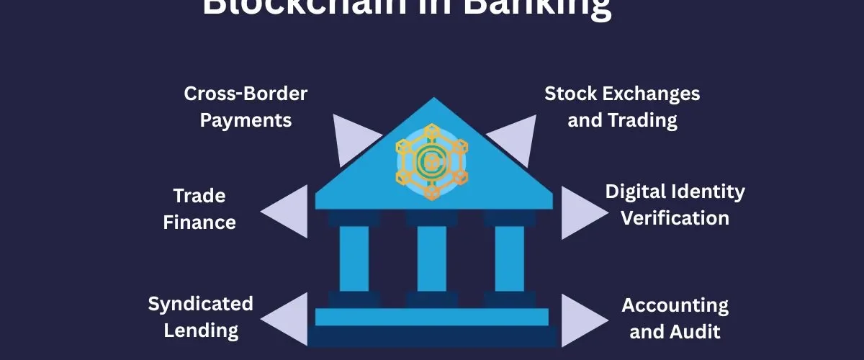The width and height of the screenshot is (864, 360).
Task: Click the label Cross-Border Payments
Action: point(246,107)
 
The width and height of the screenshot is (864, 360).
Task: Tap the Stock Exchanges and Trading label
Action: point(622,107)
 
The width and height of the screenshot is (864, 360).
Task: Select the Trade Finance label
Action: point(199,209)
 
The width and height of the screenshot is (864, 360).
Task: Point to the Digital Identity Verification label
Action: point(675,204)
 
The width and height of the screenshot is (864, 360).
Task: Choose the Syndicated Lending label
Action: point(201,317)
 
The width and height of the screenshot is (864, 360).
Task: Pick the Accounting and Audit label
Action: point(675,318)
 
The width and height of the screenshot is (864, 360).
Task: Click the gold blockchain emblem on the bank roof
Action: point(431,162)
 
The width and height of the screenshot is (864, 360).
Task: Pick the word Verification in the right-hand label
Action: point(675,217)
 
